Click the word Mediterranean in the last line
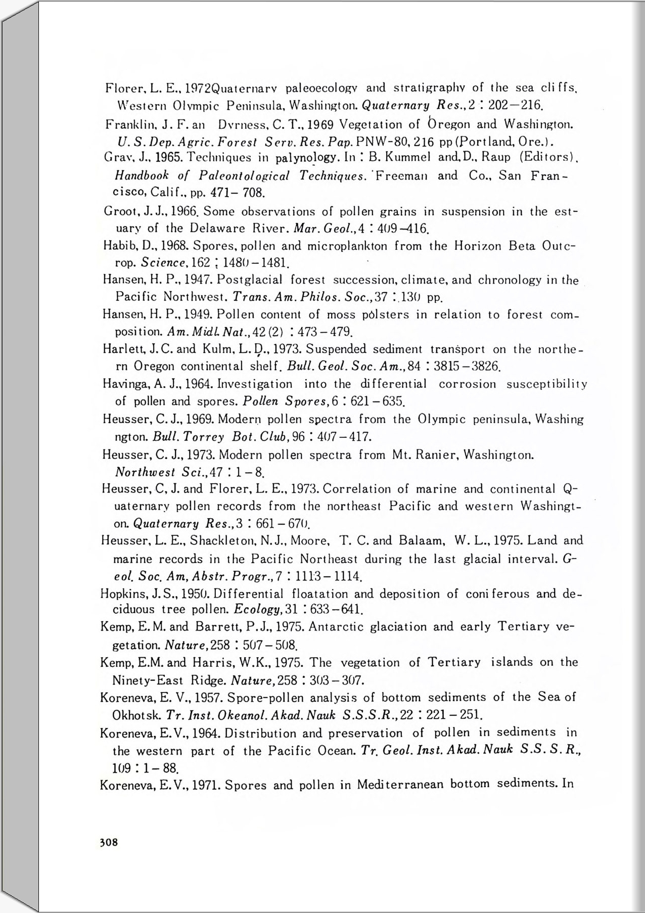pos(400,785)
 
